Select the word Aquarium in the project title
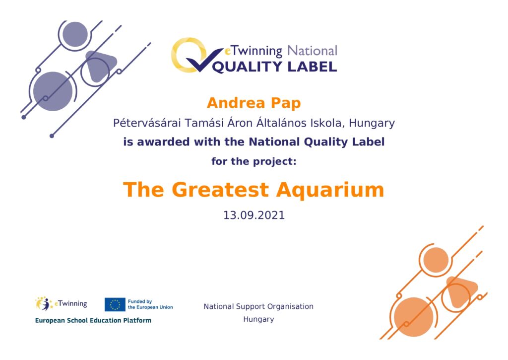point(330,190)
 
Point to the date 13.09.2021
point(254,216)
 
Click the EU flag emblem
point(115,304)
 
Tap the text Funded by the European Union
point(150,304)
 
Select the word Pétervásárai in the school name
point(147,123)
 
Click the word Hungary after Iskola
point(372,124)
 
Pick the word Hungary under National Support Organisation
point(258,319)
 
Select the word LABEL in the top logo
point(313,67)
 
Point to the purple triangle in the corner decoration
point(99,66)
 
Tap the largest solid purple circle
point(53,91)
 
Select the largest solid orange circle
point(414,317)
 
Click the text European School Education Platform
point(93,320)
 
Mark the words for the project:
point(254,161)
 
